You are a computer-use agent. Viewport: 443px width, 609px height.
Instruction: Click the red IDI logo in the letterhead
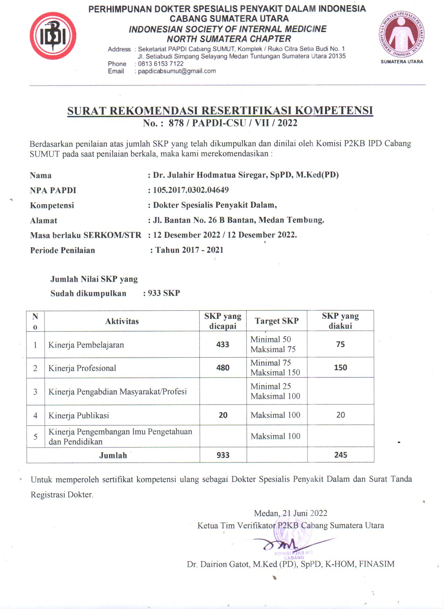pyautogui.click(x=53, y=36)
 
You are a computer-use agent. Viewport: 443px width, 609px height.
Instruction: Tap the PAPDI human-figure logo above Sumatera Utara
pyautogui.click(x=402, y=34)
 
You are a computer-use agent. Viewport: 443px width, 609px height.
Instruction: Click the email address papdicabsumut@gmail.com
pyautogui.click(x=177, y=71)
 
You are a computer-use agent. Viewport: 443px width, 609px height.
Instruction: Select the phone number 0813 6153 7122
pyautogui.click(x=161, y=64)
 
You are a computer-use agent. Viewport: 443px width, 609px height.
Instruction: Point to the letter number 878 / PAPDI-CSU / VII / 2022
pyautogui.click(x=233, y=123)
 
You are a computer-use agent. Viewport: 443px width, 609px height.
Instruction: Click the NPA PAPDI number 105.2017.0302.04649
pyautogui.click(x=191, y=190)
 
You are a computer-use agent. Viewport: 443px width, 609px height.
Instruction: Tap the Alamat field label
pyautogui.click(x=43, y=220)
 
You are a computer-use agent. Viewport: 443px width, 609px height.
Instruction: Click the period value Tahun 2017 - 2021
pyautogui.click(x=189, y=250)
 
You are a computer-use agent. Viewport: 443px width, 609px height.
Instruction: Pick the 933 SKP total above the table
pyautogui.click(x=164, y=293)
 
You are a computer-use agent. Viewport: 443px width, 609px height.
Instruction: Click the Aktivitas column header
pyautogui.click(x=122, y=321)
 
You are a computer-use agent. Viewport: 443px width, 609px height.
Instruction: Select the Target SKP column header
pyautogui.click(x=277, y=321)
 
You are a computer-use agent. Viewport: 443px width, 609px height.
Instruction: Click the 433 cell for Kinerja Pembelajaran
pyautogui.click(x=223, y=344)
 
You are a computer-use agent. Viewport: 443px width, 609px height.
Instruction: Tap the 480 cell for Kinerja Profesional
pyautogui.click(x=223, y=368)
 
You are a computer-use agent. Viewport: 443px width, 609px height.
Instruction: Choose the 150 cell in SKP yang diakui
pyautogui.click(x=341, y=368)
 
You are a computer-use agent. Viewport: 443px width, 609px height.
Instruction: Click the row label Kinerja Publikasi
pyautogui.click(x=79, y=415)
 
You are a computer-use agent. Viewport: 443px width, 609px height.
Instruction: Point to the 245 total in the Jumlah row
pyautogui.click(x=341, y=455)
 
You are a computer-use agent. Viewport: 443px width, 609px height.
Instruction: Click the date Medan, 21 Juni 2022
pyautogui.click(x=290, y=513)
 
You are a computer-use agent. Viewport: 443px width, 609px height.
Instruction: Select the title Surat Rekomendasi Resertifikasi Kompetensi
pyautogui.click(x=220, y=111)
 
